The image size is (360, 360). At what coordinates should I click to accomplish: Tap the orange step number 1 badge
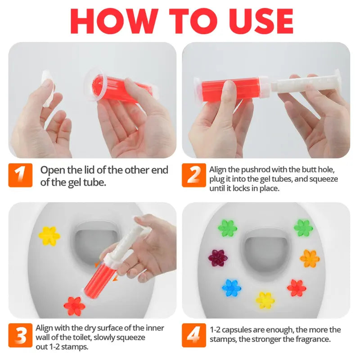pos(20,175)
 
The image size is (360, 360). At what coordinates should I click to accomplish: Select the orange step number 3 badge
pos(20,335)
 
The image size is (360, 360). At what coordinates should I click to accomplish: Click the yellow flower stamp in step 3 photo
pos(49,235)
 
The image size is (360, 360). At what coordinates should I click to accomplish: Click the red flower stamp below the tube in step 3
pos(74,306)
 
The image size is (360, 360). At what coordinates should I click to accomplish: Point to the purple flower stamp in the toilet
pos(218,258)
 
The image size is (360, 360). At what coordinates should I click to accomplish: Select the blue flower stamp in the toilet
pos(232,288)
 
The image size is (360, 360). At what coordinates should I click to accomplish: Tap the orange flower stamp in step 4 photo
pos(309,258)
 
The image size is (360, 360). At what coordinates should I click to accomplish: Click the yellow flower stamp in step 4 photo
pos(265,300)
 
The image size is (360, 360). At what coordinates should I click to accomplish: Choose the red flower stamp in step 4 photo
pos(296,288)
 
